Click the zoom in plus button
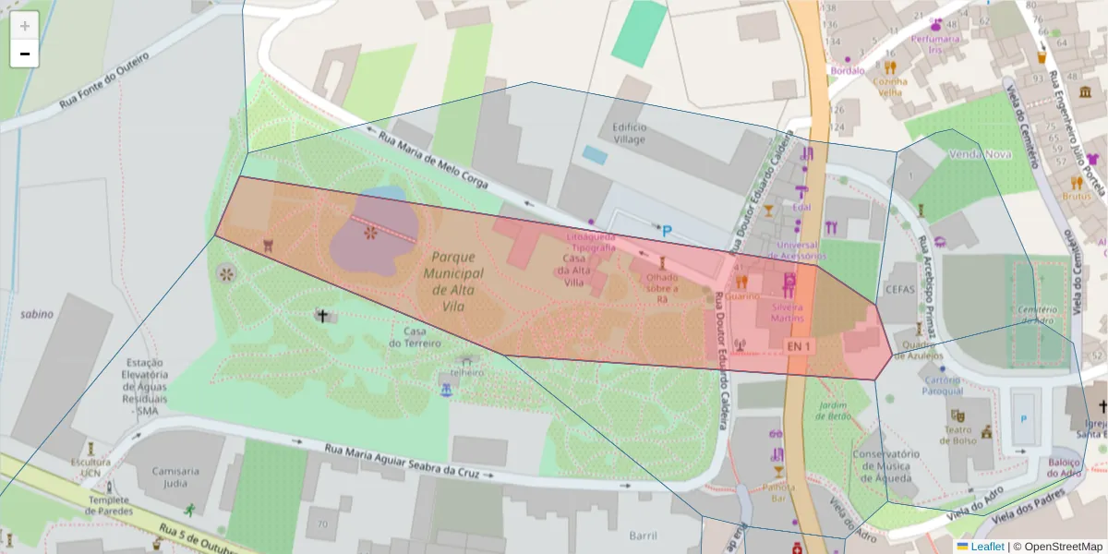click(25, 25)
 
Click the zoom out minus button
click(25, 54)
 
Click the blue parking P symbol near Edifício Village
click(667, 231)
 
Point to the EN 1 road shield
click(800, 346)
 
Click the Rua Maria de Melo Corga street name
click(433, 163)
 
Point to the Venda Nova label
click(980, 154)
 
